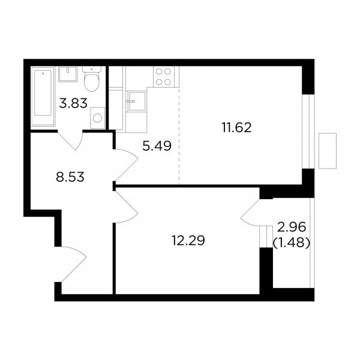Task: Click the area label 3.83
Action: [x=73, y=103]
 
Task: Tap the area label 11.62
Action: [x=236, y=128]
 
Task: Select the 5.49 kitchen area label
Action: [x=157, y=146]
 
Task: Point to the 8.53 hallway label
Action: [x=70, y=177]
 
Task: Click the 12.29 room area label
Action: [x=188, y=241]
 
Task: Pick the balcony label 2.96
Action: [x=292, y=227]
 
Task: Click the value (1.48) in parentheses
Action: [x=292, y=242]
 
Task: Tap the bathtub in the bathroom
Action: [x=43, y=96]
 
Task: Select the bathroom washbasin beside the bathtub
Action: [x=68, y=74]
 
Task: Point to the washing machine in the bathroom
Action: [x=98, y=118]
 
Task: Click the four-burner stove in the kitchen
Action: [x=163, y=77]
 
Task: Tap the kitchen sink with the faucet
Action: [x=137, y=101]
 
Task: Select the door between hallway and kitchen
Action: [x=126, y=166]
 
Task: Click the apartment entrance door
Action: [x=73, y=265]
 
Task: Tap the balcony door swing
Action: [x=250, y=212]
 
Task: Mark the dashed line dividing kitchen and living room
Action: [x=179, y=136]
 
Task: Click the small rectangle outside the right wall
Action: [x=328, y=151]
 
